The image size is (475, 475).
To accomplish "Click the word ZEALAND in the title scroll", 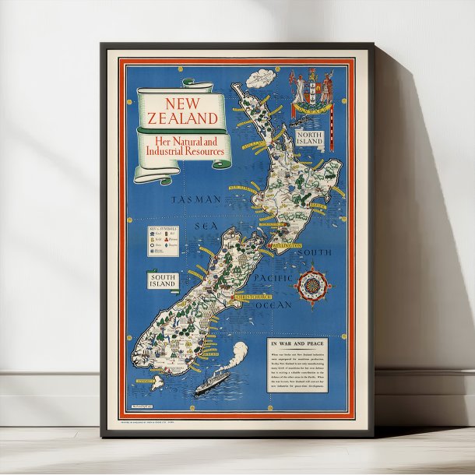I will (x=181, y=118).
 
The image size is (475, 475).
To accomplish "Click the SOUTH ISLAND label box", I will (x=162, y=280).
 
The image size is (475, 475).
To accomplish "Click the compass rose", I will (x=312, y=284).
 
